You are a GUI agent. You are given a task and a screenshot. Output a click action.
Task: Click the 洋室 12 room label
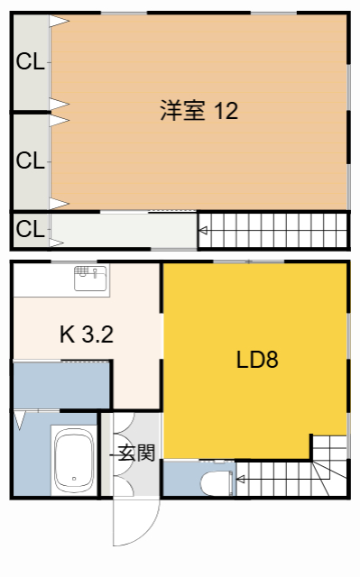(x=198, y=111)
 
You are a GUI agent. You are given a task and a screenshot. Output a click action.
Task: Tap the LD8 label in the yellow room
(x=257, y=361)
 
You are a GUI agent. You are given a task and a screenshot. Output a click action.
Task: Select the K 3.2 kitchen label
(x=86, y=335)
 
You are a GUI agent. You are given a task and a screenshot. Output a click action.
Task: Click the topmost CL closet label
(x=30, y=62)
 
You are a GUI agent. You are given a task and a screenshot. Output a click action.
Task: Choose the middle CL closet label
(x=30, y=161)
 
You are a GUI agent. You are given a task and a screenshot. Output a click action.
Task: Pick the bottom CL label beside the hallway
(x=30, y=229)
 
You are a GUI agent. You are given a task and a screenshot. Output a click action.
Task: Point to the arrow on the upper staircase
(x=204, y=232)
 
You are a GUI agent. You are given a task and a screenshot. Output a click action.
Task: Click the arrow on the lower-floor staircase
(x=241, y=480)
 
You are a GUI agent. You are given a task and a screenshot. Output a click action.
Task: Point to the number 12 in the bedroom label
(x=226, y=111)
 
